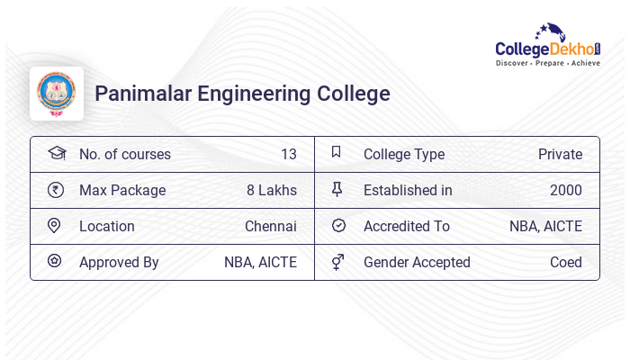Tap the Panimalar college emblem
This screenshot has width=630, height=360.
(57, 94)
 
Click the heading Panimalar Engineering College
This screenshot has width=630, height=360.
(242, 94)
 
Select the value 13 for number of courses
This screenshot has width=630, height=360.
(288, 155)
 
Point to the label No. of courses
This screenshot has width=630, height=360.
(124, 155)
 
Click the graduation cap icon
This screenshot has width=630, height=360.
(56, 153)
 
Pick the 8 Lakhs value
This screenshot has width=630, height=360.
(271, 191)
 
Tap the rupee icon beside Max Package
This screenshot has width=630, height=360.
(55, 190)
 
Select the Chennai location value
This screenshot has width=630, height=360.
(270, 227)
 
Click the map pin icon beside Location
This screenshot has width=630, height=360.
(55, 226)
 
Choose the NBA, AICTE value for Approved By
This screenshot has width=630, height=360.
(260, 263)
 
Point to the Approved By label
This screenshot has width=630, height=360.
(119, 263)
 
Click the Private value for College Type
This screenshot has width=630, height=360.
(560, 155)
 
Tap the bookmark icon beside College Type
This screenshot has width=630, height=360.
(337, 153)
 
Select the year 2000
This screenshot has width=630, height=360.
(565, 191)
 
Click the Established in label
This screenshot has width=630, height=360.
(408, 191)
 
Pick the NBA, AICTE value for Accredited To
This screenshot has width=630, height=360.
(545, 227)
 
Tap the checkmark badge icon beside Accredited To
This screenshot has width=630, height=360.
(338, 226)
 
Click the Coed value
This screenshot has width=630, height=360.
(565, 263)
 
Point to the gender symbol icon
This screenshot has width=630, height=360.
(337, 262)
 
